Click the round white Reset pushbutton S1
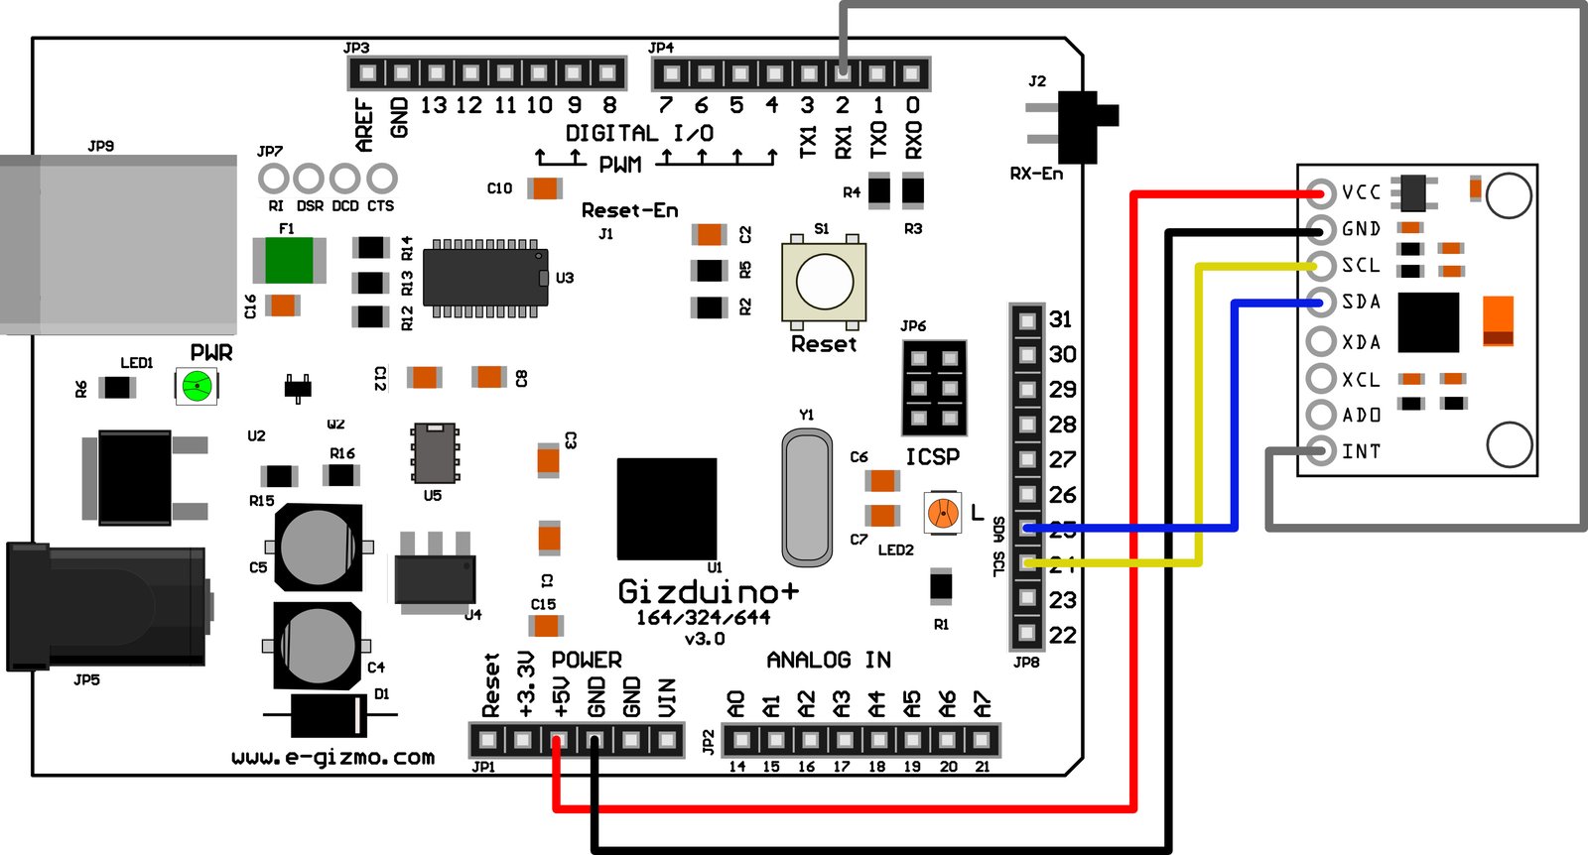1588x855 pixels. click(825, 282)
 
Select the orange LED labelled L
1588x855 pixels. click(943, 513)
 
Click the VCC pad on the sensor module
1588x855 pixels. click(1321, 192)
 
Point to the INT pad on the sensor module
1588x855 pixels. click(1321, 451)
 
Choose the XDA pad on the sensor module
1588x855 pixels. click(1321, 341)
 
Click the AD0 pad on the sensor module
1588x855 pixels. click(1321, 415)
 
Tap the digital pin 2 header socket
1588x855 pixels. click(843, 72)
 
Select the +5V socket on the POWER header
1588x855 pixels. click(560, 740)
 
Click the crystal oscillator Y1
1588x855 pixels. click(807, 496)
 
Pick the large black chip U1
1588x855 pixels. click(667, 509)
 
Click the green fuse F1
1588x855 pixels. click(289, 261)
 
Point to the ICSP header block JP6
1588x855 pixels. click(934, 388)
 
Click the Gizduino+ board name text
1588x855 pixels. click(708, 592)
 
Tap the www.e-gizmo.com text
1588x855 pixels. click(332, 758)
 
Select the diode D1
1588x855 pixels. click(329, 714)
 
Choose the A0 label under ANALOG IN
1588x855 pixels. click(736, 704)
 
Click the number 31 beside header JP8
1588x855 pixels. click(1061, 319)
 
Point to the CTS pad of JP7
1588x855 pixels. click(382, 180)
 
